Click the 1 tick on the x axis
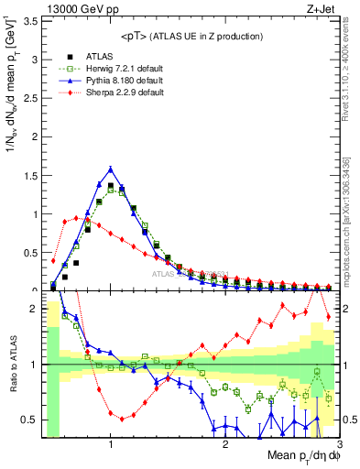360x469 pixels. pyautogui.click(x=111, y=445)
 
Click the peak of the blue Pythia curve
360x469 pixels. pyautogui.click(x=111, y=169)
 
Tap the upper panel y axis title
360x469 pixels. pyautogui.click(x=12, y=92)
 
